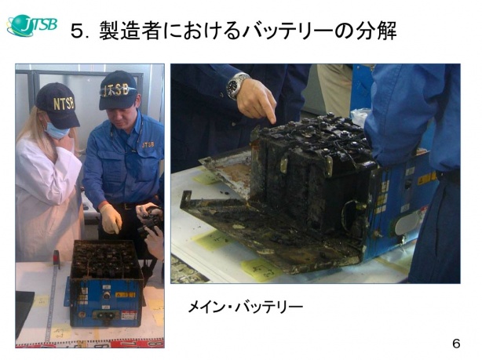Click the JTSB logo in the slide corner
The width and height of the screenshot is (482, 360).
click(x=32, y=25)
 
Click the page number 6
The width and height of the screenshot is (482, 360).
click(x=456, y=343)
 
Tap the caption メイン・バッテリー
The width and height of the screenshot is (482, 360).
click(x=245, y=307)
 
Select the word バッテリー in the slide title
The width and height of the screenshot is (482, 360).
click(x=287, y=31)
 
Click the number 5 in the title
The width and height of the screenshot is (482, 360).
click(x=77, y=31)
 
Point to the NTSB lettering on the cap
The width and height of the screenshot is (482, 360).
click(x=64, y=104)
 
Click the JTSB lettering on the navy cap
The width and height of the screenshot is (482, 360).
click(x=116, y=90)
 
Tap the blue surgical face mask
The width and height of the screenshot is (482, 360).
click(x=56, y=129)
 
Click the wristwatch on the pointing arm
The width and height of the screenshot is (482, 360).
click(x=236, y=85)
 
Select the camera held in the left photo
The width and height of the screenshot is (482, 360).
click(x=151, y=220)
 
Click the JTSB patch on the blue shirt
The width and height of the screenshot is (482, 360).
click(x=148, y=144)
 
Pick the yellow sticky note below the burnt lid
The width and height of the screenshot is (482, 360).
click(x=261, y=270)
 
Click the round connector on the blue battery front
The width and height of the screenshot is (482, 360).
click(x=106, y=295)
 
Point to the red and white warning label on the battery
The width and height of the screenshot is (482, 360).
click(x=129, y=315)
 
